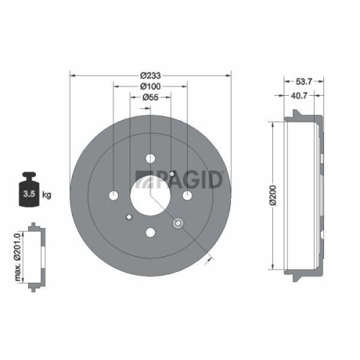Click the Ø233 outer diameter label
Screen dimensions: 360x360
click(150, 75)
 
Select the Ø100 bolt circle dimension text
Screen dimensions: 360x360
click(150, 86)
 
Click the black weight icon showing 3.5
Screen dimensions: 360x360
click(31, 189)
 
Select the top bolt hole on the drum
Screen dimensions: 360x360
click(150, 158)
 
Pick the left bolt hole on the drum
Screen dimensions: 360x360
click(113, 195)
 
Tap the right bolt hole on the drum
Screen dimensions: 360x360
click(186, 195)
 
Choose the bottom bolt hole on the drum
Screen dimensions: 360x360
click(150, 232)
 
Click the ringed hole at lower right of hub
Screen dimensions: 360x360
click(177, 222)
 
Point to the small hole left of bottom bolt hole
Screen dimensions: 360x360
click(128, 217)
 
